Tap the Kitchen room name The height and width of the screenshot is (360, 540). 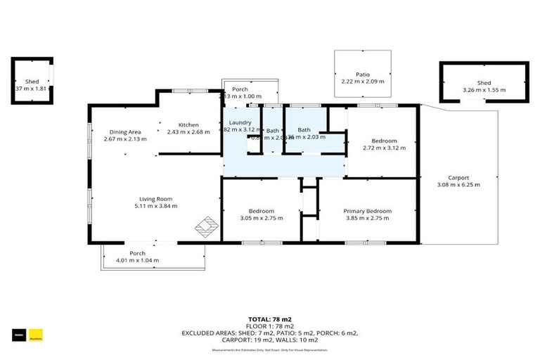point(188,124)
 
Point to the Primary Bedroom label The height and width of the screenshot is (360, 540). point(367,211)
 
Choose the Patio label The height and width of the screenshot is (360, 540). point(362,74)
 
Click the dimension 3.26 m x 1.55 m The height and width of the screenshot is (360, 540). point(484,90)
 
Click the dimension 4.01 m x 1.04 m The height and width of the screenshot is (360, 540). point(137,261)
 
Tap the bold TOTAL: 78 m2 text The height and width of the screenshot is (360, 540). point(269,319)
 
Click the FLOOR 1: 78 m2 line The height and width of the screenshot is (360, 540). point(269,326)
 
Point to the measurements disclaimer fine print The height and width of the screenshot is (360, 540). point(269,349)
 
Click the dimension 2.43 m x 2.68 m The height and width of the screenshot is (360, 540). point(188,131)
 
